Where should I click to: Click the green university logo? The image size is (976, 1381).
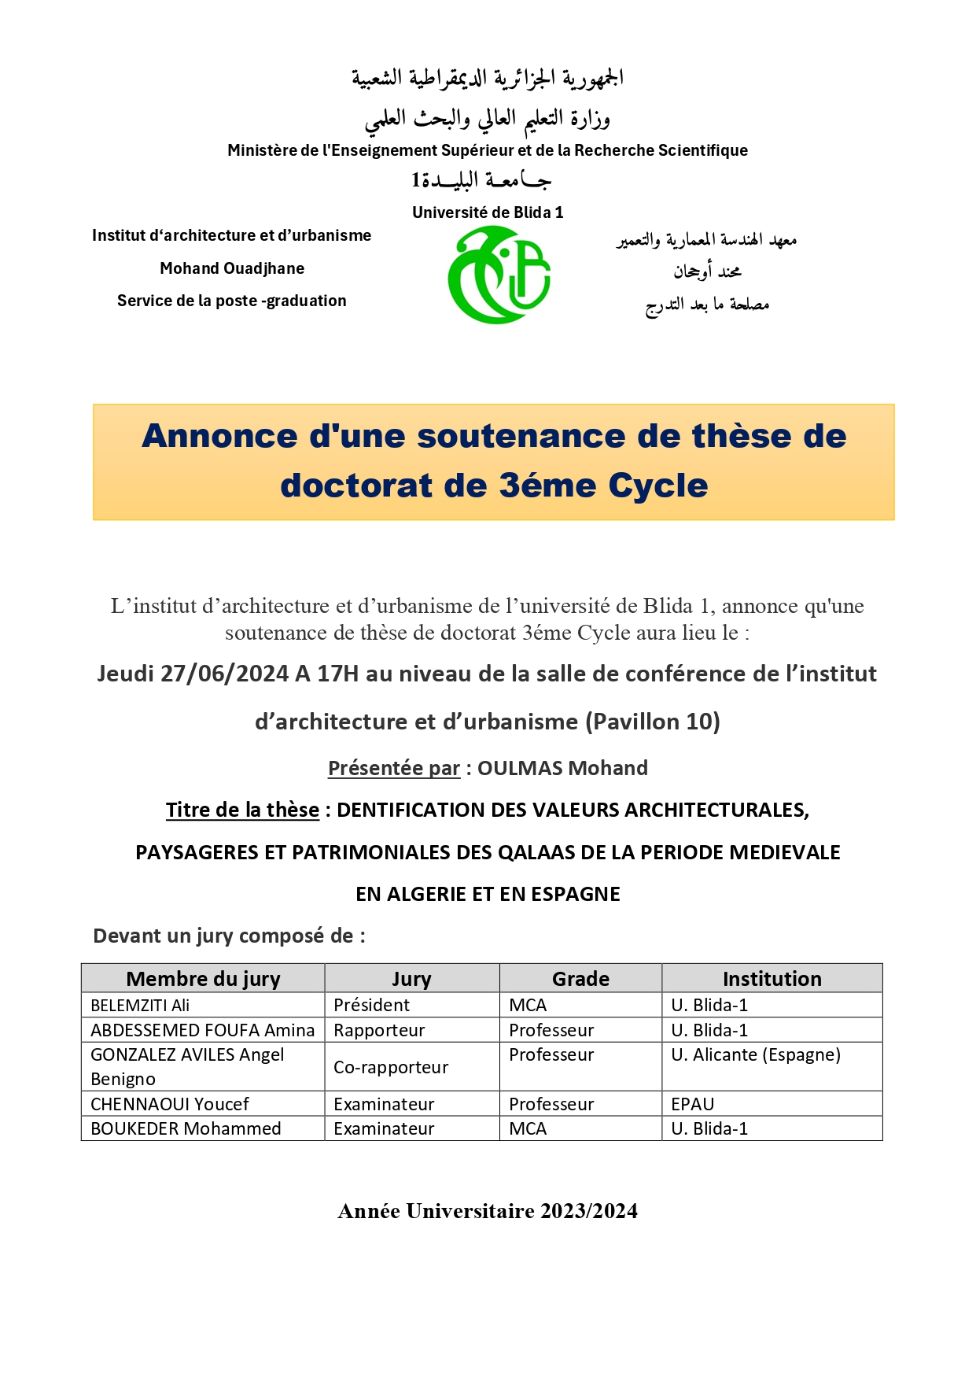pyautogui.click(x=499, y=275)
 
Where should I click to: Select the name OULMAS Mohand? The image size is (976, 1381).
pyautogui.click(x=562, y=768)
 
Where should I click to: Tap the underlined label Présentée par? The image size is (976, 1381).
pyautogui.click(x=393, y=768)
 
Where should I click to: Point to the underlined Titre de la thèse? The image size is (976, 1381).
pyautogui.click(x=242, y=810)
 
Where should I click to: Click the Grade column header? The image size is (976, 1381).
pyautogui.click(x=580, y=979)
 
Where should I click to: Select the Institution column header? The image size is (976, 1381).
pyautogui.click(x=772, y=979)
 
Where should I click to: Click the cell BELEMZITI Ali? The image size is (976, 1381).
pyautogui.click(x=140, y=1005)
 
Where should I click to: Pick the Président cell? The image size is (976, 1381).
pyautogui.click(x=371, y=1005)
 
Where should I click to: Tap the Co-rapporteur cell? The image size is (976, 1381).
pyautogui.click(x=391, y=1067)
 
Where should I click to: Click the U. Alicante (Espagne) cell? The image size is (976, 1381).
pyautogui.click(x=756, y=1054)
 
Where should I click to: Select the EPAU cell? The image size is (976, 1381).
pyautogui.click(x=693, y=1104)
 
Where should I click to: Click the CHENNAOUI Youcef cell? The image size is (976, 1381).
pyautogui.click(x=170, y=1104)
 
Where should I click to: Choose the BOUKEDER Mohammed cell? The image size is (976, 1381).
pyautogui.click(x=186, y=1128)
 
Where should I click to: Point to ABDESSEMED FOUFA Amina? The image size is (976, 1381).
pyautogui.click(x=202, y=1030)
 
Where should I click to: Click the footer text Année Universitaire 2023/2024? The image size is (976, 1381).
pyautogui.click(x=488, y=1211)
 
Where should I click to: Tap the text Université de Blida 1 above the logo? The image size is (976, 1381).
pyautogui.click(x=488, y=212)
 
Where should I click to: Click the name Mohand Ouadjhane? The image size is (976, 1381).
pyautogui.click(x=232, y=268)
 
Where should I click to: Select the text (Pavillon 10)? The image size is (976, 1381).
pyautogui.click(x=652, y=722)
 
